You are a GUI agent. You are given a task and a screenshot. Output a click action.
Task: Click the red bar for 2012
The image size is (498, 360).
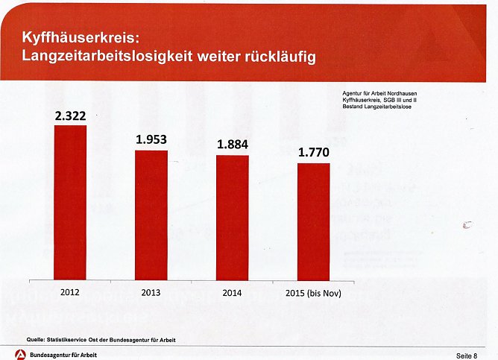[x=70, y=202]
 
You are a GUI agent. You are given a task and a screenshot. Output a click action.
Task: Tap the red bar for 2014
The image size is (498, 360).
[x=233, y=218]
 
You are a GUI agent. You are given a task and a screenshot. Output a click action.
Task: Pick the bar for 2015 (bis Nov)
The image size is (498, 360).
[x=313, y=221]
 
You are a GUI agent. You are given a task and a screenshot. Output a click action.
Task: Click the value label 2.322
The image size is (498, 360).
[x=70, y=116]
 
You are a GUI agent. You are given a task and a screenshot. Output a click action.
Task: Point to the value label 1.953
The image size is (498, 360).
[x=151, y=139]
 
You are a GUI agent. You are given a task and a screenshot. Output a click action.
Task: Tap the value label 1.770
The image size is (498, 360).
[x=314, y=153]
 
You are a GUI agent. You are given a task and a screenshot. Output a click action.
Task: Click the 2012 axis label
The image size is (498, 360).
[x=70, y=292]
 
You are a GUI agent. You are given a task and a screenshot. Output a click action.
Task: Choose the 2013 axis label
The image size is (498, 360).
[x=151, y=293]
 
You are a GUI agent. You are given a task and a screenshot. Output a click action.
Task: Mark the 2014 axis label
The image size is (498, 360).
[x=232, y=293]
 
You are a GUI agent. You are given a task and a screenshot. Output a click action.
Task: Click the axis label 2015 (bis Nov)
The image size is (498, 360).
[x=313, y=293]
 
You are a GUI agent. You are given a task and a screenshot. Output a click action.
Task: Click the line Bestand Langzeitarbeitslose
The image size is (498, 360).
[x=371, y=107]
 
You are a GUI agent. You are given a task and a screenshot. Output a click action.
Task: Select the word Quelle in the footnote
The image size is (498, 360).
[x=37, y=340]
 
